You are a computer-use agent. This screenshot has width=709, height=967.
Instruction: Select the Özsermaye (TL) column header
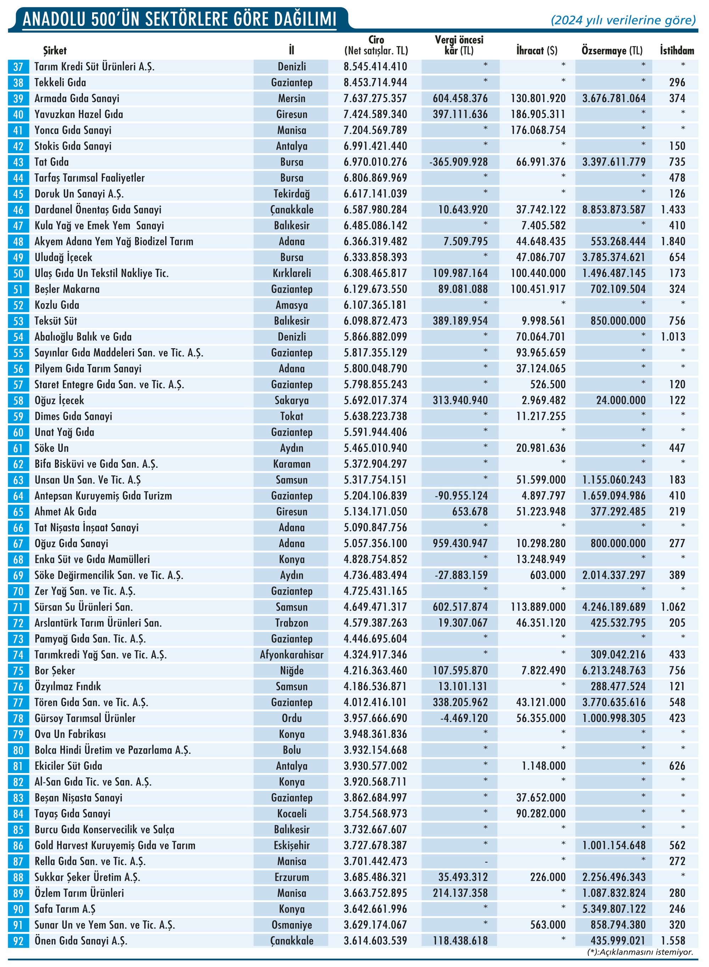(x=612, y=51)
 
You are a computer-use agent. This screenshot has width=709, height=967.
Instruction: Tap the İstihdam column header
(x=677, y=51)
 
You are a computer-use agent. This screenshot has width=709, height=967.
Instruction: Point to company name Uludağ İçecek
(x=63, y=257)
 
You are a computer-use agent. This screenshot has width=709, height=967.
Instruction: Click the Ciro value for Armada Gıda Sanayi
(x=375, y=99)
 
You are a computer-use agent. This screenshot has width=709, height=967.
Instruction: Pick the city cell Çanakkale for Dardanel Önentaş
(x=291, y=210)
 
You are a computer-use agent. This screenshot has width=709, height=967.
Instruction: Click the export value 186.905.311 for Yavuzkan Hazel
(x=538, y=115)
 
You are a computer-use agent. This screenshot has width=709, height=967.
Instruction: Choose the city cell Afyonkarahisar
(x=291, y=655)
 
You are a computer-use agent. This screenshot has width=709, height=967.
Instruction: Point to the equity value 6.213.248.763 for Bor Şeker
(x=614, y=671)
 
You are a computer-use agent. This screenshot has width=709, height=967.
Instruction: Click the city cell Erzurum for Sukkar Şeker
(x=291, y=877)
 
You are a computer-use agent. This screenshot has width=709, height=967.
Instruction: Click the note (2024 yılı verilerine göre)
(x=623, y=20)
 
